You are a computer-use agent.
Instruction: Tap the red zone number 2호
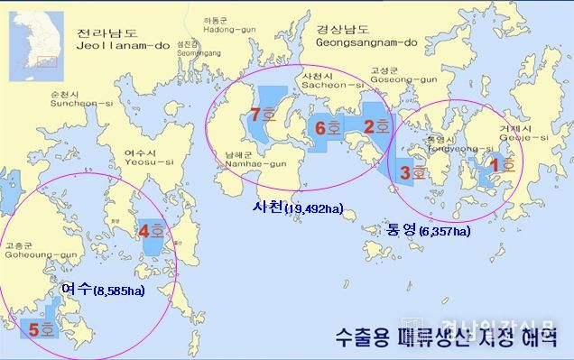pyautogui.click(x=376, y=125)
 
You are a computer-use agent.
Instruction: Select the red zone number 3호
pyautogui.click(x=412, y=171)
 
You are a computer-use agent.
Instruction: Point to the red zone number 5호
pyautogui.click(x=40, y=330)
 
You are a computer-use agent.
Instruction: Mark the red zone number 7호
pyautogui.click(x=264, y=115)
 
